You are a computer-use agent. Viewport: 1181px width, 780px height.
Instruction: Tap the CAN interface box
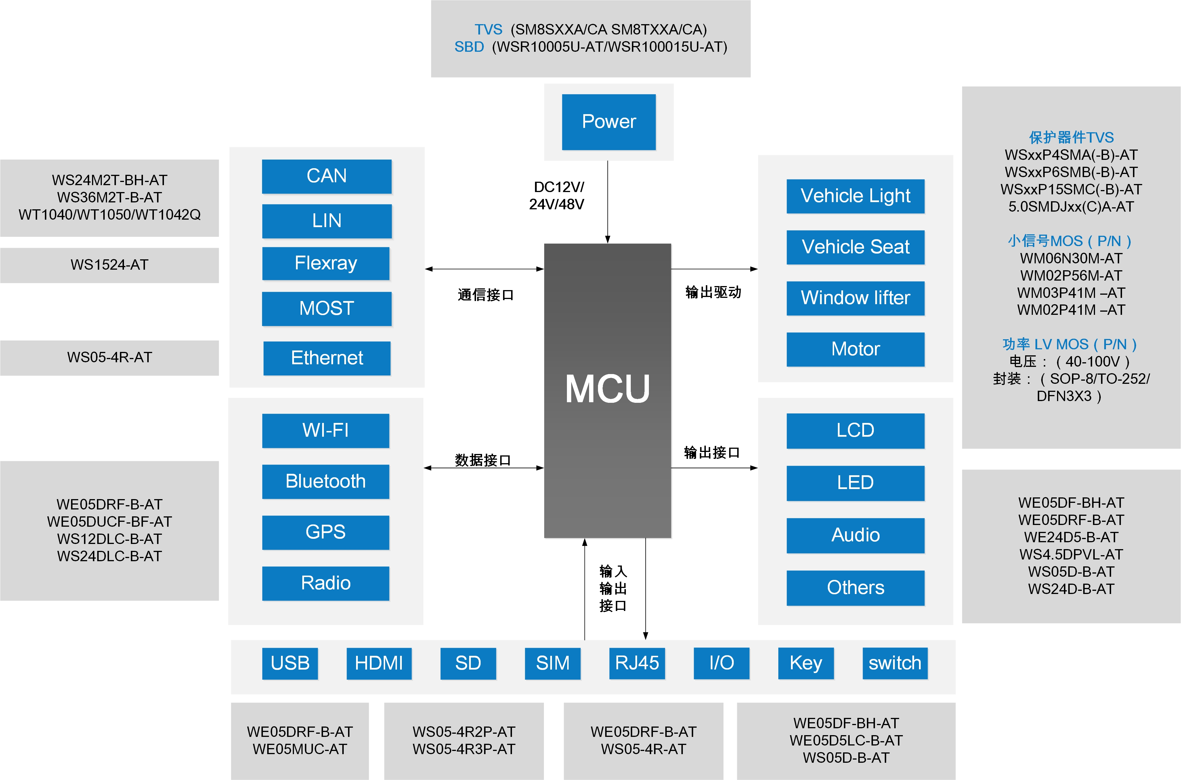(326, 176)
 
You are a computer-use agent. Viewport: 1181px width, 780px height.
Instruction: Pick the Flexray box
(326, 263)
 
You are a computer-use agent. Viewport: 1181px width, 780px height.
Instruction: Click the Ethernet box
(326, 358)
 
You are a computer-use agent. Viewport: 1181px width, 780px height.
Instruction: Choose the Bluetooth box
(326, 482)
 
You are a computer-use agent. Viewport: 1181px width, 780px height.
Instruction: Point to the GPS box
(326, 532)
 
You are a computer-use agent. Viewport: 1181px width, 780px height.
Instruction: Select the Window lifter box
(855, 298)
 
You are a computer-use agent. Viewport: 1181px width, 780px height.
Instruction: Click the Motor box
(855, 349)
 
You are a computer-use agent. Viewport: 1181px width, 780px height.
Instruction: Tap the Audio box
(855, 535)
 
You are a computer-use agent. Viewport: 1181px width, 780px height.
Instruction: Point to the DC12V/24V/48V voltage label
(557, 196)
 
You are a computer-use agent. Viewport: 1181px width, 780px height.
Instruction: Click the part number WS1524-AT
(110, 265)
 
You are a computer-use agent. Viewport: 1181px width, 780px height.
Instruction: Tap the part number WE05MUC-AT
(300, 749)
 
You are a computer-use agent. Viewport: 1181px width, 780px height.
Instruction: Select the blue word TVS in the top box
(488, 30)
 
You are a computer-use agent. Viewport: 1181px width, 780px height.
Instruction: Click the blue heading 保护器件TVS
(1071, 137)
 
